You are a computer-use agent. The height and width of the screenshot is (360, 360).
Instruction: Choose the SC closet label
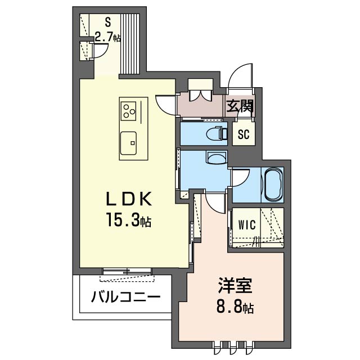coord(243,134)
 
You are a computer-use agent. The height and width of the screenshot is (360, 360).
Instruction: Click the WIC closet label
coord(246,226)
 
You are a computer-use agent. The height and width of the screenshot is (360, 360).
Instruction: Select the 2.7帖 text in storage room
coord(107,38)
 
